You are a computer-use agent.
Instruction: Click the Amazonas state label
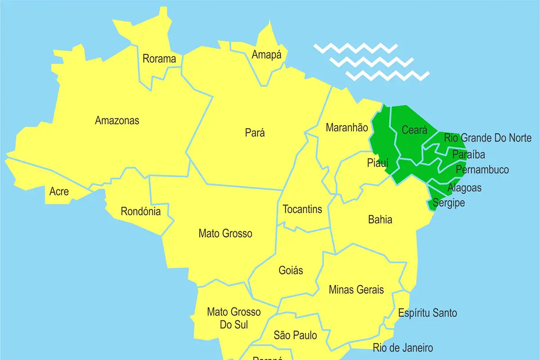pyautogui.click(x=117, y=121)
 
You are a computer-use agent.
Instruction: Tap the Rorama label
pyautogui.click(x=159, y=58)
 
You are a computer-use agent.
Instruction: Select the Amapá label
pyautogui.click(x=266, y=55)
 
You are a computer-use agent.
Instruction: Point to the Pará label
pyautogui.click(x=255, y=133)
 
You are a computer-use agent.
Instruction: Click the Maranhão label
pyautogui.click(x=346, y=128)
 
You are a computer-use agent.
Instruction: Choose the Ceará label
pyautogui.click(x=414, y=130)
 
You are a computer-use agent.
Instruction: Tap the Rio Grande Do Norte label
pyautogui.click(x=488, y=138)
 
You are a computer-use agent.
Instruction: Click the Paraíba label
pyautogui.click(x=468, y=154)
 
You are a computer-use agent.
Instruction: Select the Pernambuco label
pyautogui.click(x=482, y=170)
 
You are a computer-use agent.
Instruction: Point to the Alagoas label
pyautogui.click(x=464, y=188)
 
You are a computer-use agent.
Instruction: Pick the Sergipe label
pyautogui.click(x=448, y=203)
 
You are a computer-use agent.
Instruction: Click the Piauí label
pyautogui.click(x=377, y=163)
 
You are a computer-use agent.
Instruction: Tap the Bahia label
pyautogui.click(x=380, y=220)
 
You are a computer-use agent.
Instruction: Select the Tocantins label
pyautogui.click(x=302, y=209)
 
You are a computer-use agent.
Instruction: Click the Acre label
pyautogui.click(x=59, y=192)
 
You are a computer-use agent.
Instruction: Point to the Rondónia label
pyautogui.click(x=140, y=211)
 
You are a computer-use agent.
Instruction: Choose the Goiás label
pyautogui.click(x=291, y=270)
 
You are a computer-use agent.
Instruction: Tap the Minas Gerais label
pyautogui.click(x=356, y=289)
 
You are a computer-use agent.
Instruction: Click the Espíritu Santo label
pyautogui.click(x=427, y=313)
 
